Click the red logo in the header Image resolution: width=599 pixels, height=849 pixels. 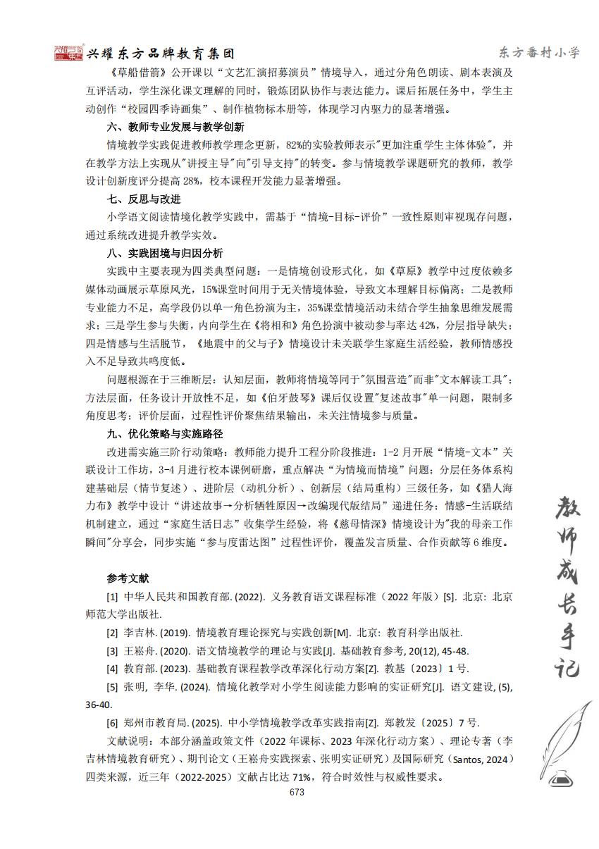point(68,53)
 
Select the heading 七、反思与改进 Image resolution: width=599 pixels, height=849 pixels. point(144,199)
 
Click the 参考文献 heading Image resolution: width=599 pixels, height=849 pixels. point(128,578)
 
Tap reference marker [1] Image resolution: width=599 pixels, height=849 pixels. point(112,596)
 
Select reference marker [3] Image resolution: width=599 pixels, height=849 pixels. point(112,650)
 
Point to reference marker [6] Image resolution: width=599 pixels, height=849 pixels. point(112,722)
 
